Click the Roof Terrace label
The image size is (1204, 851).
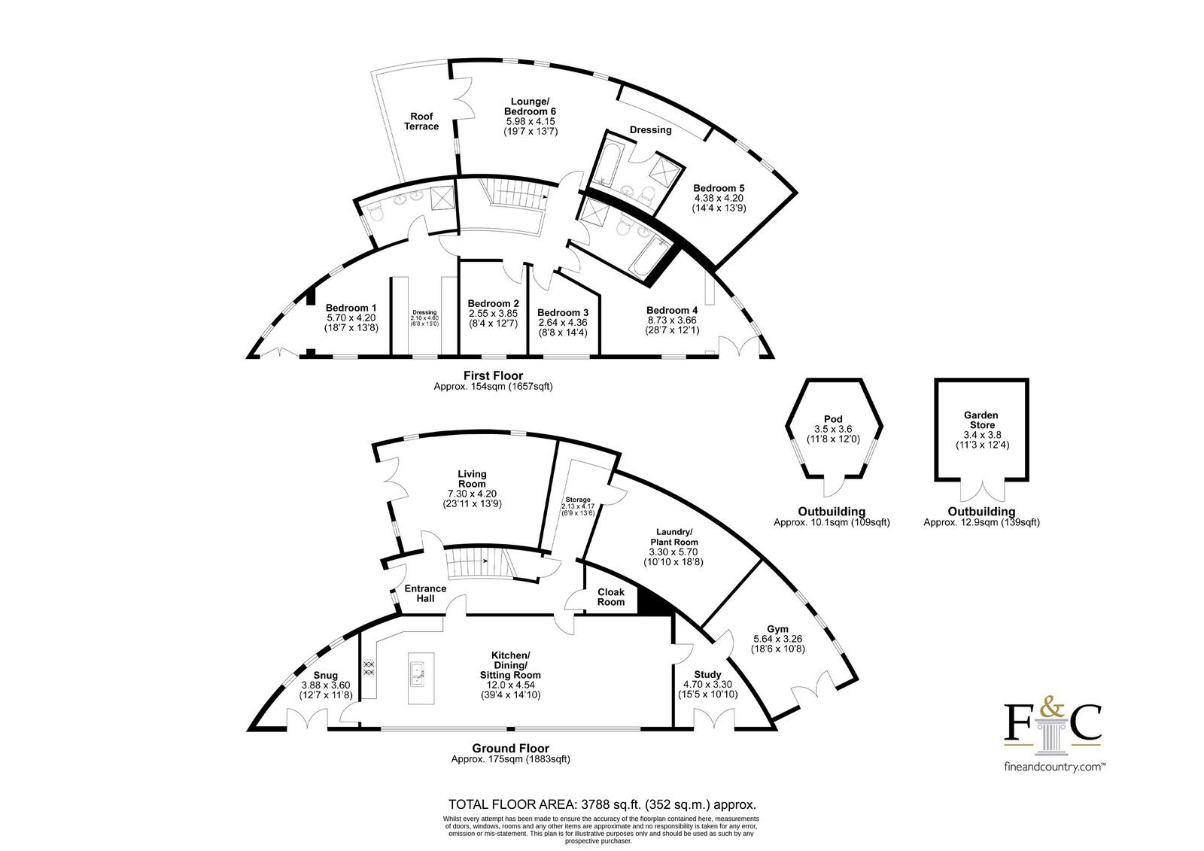[421, 121]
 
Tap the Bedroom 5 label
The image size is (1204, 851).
[719, 188]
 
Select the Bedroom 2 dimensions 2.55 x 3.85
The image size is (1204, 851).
[493, 314]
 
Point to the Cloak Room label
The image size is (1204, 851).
[611, 597]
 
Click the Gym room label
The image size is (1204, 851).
[778, 629]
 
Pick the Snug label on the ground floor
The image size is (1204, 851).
[326, 675]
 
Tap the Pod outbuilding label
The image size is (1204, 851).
[833, 419]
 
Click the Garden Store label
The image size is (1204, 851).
[981, 420]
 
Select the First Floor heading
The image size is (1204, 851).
[493, 375]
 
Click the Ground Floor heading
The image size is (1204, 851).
[511, 749]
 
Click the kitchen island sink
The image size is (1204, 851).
[417, 676]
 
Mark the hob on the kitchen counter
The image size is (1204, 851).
[369, 667]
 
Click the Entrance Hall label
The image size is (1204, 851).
[425, 594]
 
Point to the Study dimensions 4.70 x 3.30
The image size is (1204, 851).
[707, 685]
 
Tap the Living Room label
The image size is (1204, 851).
[472, 479]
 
